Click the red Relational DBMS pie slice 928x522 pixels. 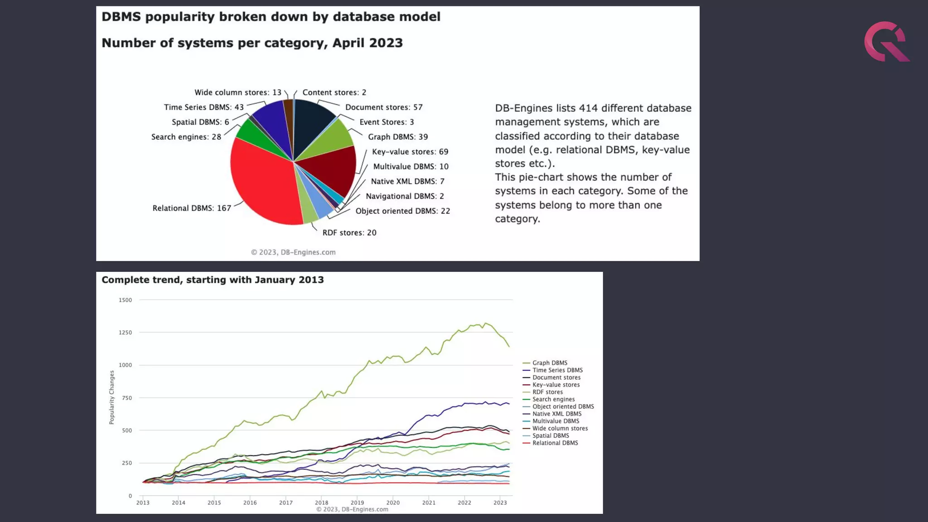coord(263,181)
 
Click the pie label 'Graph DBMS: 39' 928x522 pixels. coord(397,137)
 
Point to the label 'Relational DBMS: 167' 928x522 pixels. coord(192,208)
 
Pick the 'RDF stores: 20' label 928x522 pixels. coord(349,232)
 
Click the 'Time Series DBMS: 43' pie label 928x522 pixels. coord(203,107)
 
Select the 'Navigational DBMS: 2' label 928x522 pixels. coord(405,196)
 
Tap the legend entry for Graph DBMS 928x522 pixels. coord(549,363)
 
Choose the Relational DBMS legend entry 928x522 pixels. coord(555,443)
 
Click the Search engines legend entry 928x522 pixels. coord(553,399)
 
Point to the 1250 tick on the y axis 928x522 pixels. coord(125,333)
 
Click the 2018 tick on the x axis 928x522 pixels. coord(321,503)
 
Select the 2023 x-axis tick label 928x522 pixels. coord(500,503)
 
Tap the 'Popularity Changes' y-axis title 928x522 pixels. coord(111,397)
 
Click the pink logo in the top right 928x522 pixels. coord(886,42)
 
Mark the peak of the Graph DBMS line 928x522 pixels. coord(485,323)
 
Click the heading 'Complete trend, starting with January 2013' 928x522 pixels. coord(213,280)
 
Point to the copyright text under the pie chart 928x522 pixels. coord(293,252)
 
